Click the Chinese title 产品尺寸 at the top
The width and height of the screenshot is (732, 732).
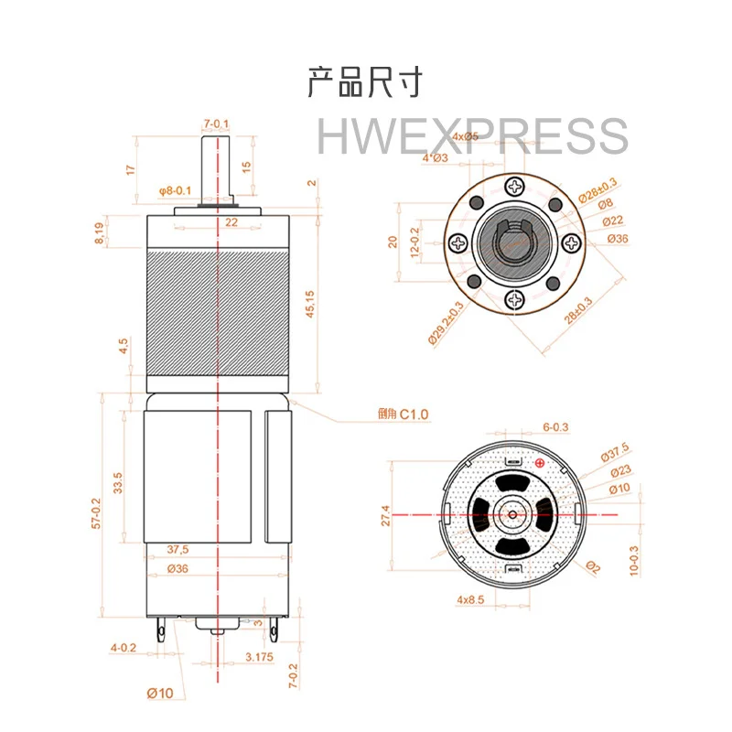point(365,83)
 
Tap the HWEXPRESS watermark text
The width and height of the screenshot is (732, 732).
point(472,137)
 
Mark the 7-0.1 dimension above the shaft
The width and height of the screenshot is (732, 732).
point(217,124)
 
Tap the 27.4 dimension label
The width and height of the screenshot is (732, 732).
point(386,516)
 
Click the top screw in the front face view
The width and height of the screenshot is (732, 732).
point(515,187)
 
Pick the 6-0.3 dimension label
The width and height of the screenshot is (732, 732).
point(555,426)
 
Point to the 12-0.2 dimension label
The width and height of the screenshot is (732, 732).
point(414,243)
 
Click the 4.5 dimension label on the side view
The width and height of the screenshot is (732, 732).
point(123,346)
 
